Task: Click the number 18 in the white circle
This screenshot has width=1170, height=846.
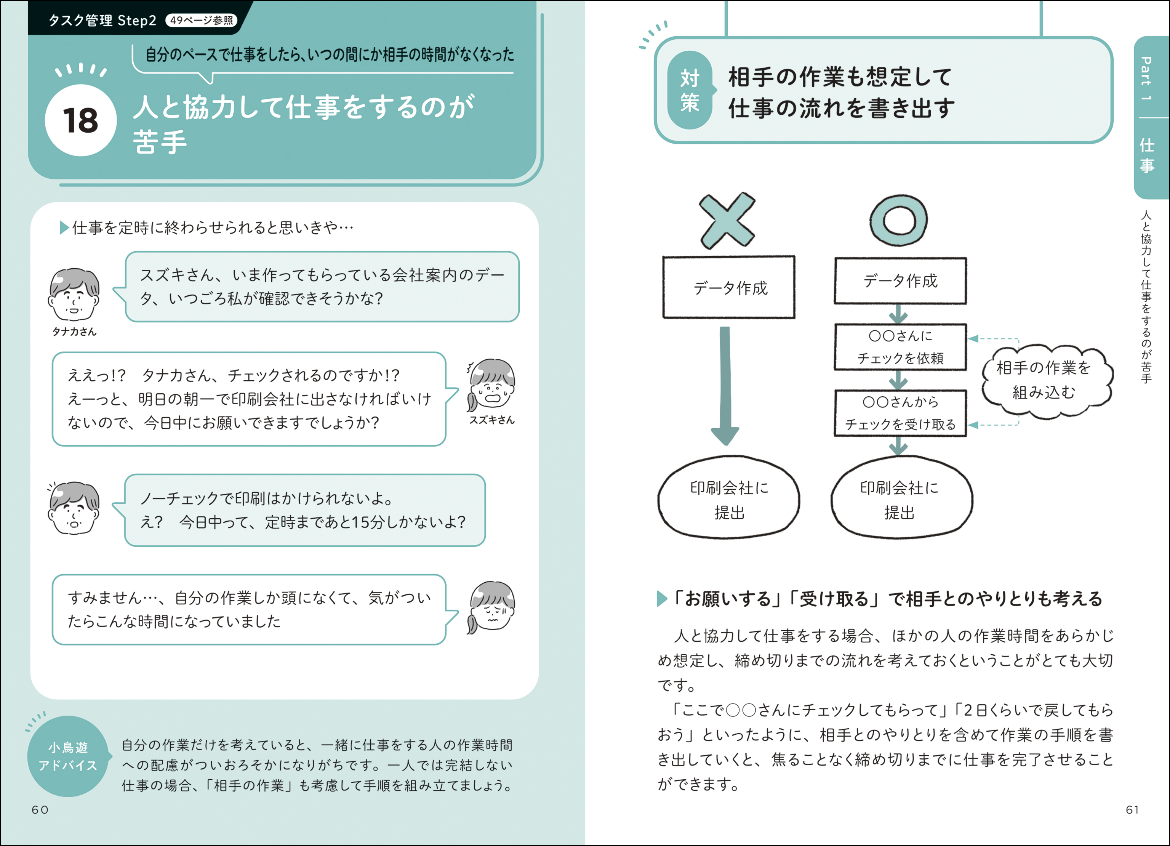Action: (x=80, y=121)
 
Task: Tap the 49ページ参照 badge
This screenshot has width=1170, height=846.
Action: (x=202, y=20)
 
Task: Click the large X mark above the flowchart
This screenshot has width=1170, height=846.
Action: (x=727, y=220)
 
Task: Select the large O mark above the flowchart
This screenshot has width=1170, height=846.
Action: (x=899, y=220)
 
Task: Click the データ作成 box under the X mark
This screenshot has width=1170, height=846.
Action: (x=729, y=287)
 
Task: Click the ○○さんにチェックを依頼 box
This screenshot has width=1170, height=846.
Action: (x=900, y=347)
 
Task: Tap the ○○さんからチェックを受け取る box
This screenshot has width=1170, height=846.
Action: (x=900, y=413)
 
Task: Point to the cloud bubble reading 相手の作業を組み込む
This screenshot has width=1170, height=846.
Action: (x=1045, y=380)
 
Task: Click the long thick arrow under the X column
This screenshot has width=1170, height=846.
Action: (x=725, y=386)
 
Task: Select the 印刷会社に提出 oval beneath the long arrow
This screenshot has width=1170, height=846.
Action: (x=728, y=498)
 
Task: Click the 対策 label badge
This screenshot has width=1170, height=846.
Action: (x=690, y=90)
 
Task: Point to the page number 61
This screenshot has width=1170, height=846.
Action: (x=1132, y=809)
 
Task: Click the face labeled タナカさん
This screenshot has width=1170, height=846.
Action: (x=74, y=294)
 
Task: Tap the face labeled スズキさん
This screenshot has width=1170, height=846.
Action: (x=491, y=385)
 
